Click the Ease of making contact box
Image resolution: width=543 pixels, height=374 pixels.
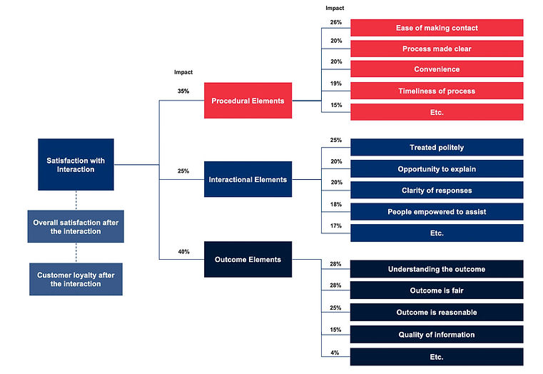pos(437,28)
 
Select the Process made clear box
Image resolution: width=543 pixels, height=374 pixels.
pos(437,49)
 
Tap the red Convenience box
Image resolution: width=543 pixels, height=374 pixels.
pos(437,69)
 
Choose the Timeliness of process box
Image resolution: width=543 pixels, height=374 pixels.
pos(437,91)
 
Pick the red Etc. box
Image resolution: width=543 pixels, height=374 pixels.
pos(437,112)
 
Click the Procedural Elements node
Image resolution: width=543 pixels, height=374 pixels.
pos(248,101)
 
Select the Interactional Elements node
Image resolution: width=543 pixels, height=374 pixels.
pos(248,179)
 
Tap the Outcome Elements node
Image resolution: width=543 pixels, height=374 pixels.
pos(248,259)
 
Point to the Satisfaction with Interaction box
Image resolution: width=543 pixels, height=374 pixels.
pos(76,164)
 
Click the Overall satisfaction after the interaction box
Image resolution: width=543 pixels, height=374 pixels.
pos(76,227)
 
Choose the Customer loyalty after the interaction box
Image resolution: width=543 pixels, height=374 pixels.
pos(76,279)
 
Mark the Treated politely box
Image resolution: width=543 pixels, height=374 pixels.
pos(437,147)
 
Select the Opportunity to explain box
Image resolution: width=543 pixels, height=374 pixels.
pos(437,168)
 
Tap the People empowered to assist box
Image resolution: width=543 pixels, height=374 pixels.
pos(437,211)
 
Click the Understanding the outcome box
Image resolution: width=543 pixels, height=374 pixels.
pos(437,269)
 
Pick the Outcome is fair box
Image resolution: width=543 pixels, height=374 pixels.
pos(437,290)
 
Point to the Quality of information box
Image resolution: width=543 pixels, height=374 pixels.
pos(437,334)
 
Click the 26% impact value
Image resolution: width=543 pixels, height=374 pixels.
pos(335,22)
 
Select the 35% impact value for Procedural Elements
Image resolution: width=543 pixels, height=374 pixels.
pos(183,91)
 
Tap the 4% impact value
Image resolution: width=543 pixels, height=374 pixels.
pos(335,352)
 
